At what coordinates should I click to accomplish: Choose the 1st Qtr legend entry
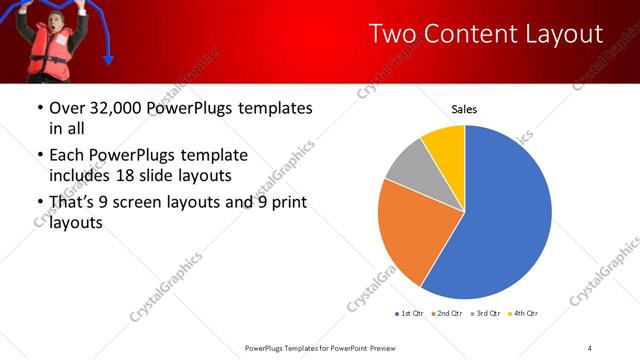[x=410, y=314]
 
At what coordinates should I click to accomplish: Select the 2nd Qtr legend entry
[x=447, y=314]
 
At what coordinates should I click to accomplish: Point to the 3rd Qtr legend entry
[x=485, y=314]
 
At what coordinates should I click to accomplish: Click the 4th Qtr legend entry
[x=523, y=314]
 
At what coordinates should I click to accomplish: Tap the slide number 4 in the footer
[x=590, y=347]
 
